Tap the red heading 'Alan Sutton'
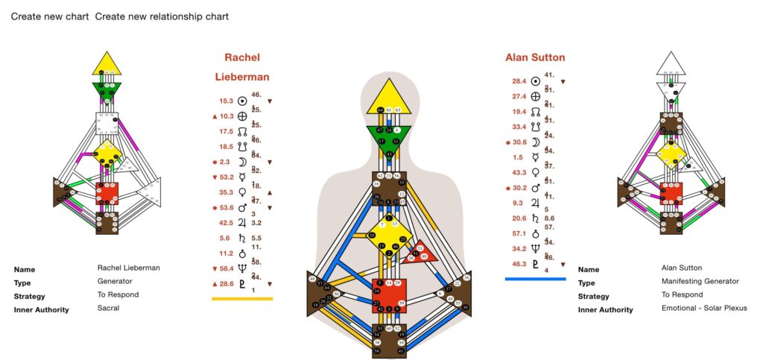pos(535,57)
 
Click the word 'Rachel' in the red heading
pos(242,57)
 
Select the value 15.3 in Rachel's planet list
pos(227,101)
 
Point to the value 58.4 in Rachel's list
pos(227,268)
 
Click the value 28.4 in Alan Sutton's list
pos(519,81)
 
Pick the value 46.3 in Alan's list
pos(519,264)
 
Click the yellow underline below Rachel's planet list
pos(242,298)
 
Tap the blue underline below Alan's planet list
pos(535,279)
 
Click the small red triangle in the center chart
pos(422,253)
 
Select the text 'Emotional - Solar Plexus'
pos(704,308)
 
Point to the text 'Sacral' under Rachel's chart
pos(108,309)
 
